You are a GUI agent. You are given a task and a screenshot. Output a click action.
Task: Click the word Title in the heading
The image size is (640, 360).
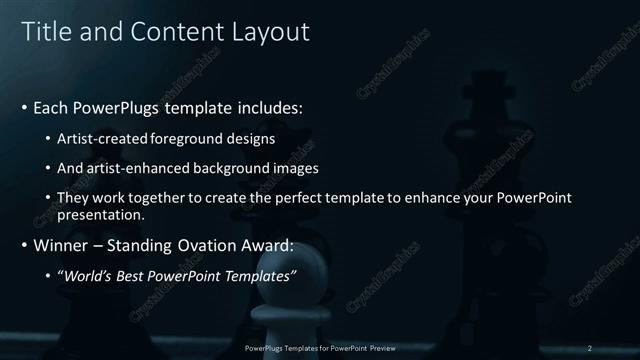pos(44,32)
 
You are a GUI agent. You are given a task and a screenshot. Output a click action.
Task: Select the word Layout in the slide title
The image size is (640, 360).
pos(272,32)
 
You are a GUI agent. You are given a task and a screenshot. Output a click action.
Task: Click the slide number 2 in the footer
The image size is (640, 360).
pos(590,348)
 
